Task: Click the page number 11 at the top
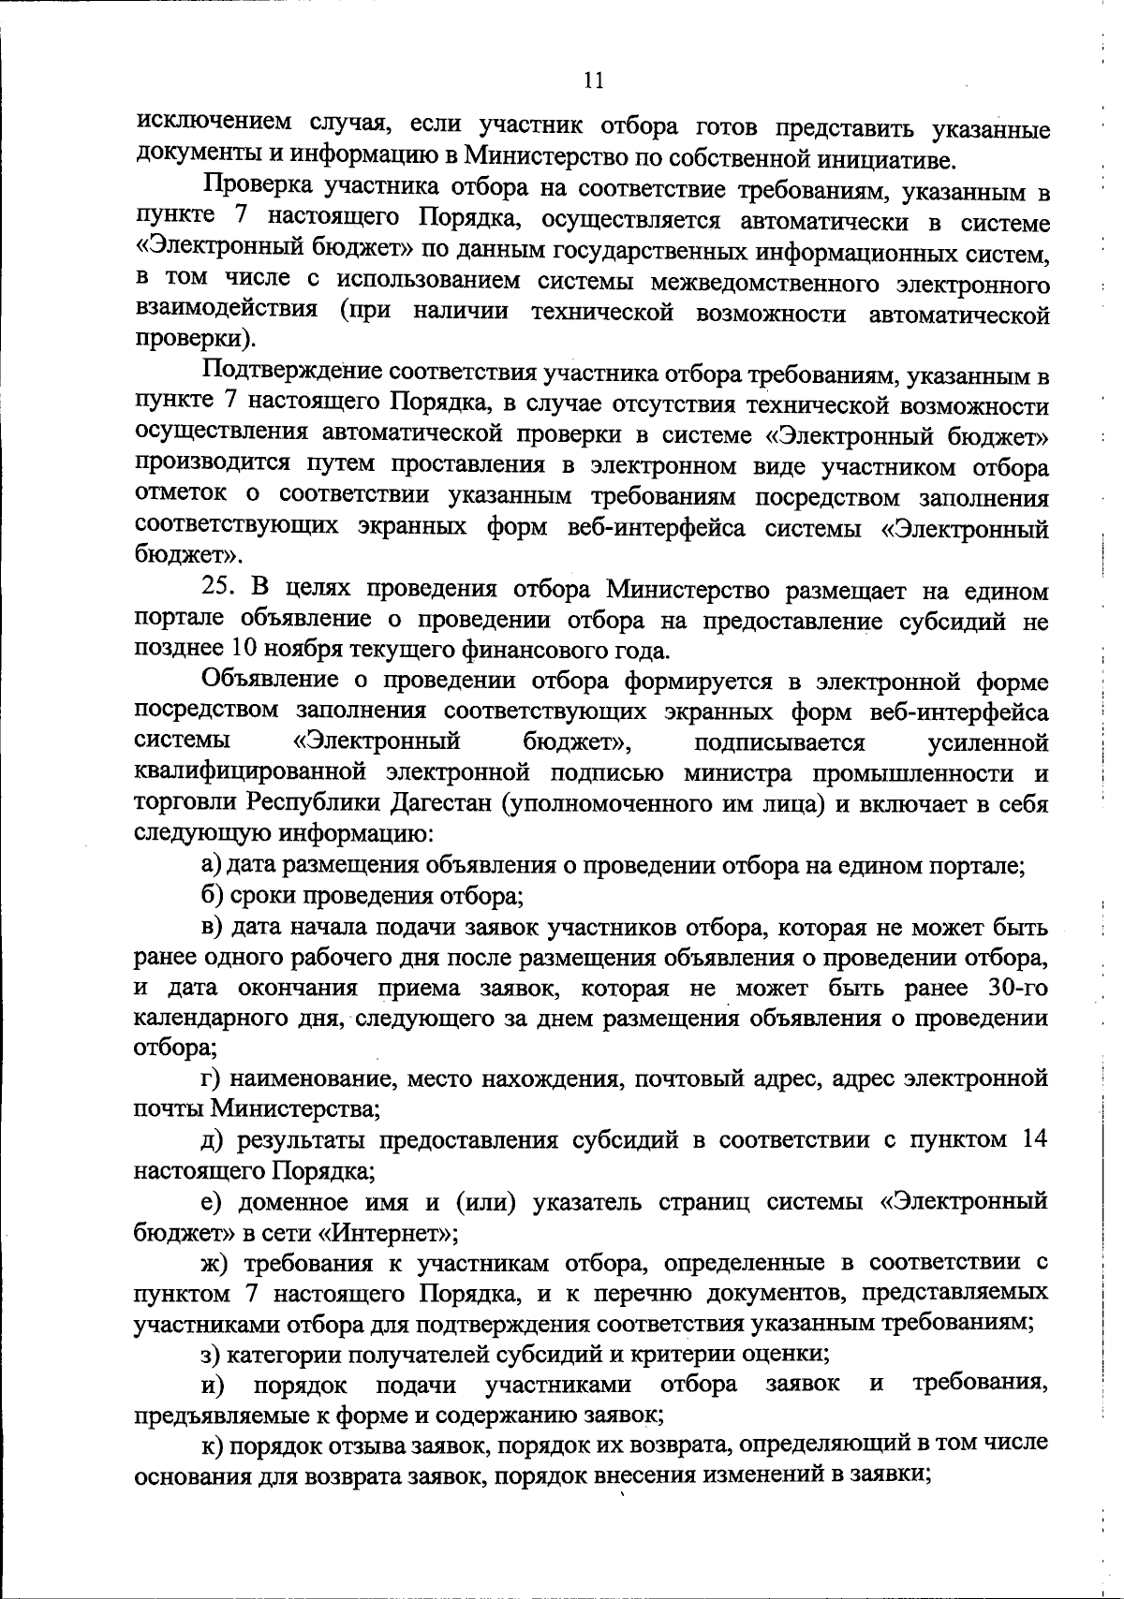coord(593,81)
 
